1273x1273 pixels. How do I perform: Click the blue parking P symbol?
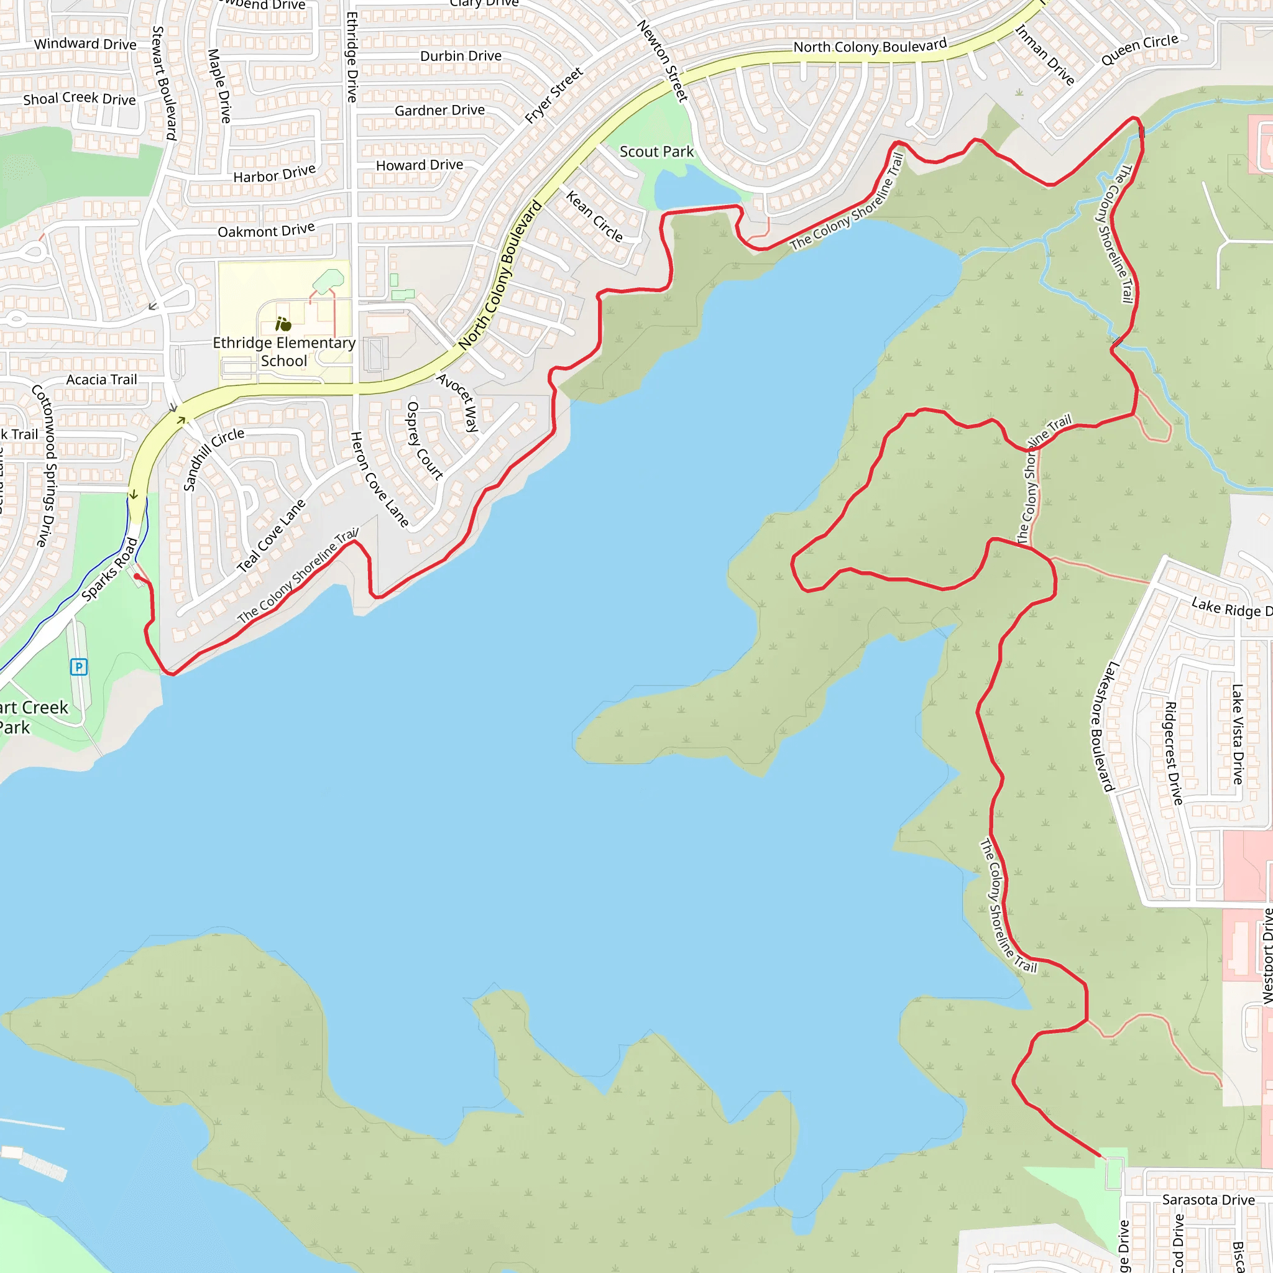click(x=78, y=667)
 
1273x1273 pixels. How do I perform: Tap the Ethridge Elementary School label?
click(x=284, y=352)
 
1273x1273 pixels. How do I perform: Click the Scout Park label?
click(x=656, y=152)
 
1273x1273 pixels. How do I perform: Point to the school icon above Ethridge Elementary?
click(x=283, y=324)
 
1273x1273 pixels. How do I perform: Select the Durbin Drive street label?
click(x=461, y=56)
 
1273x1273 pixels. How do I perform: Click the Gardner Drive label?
click(x=439, y=110)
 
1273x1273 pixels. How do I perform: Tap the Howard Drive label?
click(x=419, y=165)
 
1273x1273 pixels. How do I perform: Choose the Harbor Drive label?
click(x=274, y=174)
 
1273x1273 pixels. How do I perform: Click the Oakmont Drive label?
click(x=266, y=230)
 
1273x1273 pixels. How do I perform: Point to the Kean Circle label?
click(x=594, y=216)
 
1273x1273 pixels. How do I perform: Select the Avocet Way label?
click(x=458, y=402)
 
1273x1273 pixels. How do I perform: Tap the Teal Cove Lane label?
click(x=272, y=535)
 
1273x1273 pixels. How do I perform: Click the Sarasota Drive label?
click(x=1208, y=1200)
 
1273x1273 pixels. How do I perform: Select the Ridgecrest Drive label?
click(x=1174, y=753)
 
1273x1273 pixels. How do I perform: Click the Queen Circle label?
click(x=1139, y=50)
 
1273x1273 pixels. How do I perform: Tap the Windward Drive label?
click(x=85, y=44)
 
